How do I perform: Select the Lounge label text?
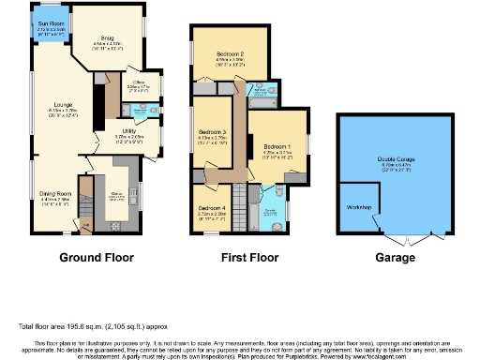click(63, 104)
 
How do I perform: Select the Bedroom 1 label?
click(277, 147)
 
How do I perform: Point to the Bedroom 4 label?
click(211, 209)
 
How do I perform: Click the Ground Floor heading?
click(97, 256)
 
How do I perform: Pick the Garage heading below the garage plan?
click(390, 256)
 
